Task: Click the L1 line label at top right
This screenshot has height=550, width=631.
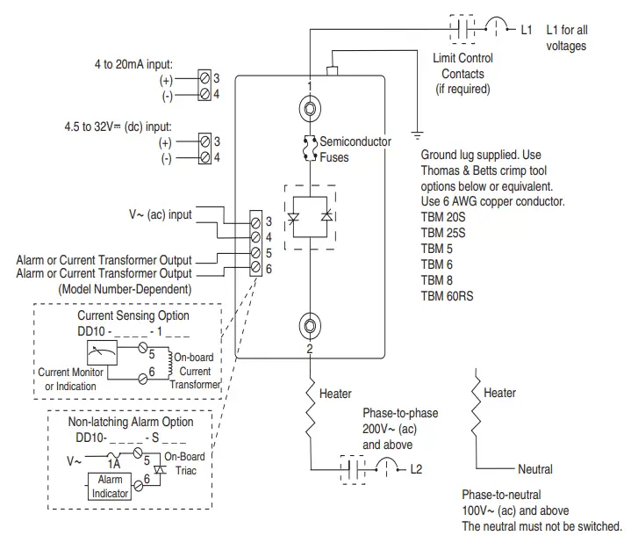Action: pos(527,29)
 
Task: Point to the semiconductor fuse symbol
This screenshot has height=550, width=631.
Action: pos(310,149)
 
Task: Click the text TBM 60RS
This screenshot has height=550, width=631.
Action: pos(448,296)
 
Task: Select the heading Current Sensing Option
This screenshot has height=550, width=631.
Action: pos(133,315)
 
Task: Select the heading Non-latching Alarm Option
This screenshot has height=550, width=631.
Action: pos(132,422)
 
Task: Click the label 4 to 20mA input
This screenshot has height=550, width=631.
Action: pos(133,64)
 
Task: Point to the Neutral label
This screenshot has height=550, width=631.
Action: pos(535,469)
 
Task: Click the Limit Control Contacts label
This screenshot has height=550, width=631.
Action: pos(464,74)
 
